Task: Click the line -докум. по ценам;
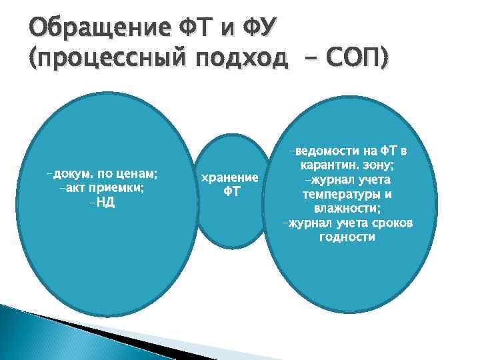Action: click(x=101, y=174)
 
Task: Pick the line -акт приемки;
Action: click(x=101, y=188)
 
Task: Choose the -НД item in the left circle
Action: click(x=101, y=203)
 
